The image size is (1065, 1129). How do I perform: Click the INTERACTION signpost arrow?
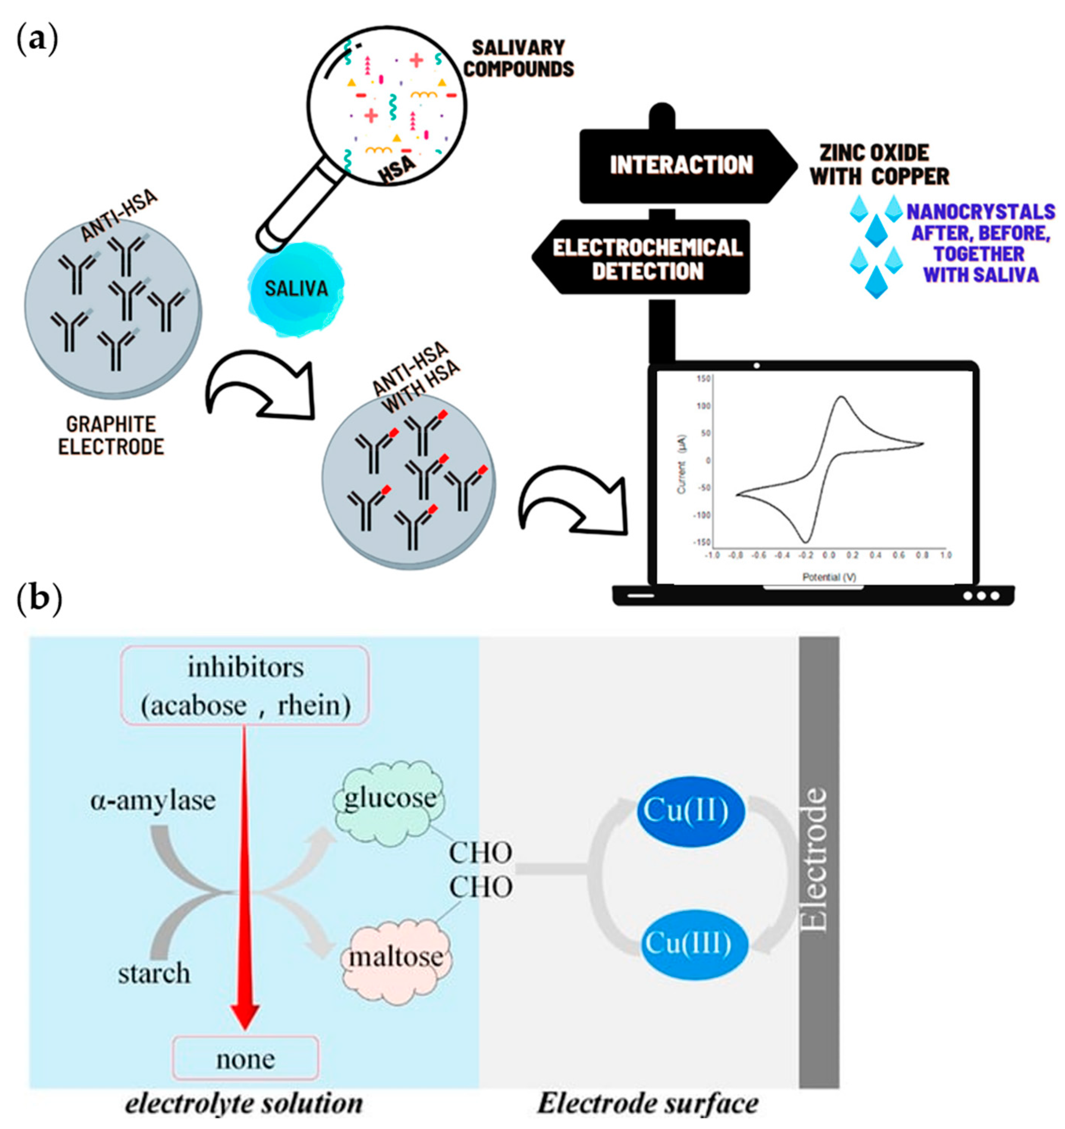[682, 165]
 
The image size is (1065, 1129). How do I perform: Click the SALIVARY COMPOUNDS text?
[518, 58]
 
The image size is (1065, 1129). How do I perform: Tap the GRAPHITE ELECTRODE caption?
[111, 436]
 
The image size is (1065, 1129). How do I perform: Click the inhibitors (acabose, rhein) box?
[246, 686]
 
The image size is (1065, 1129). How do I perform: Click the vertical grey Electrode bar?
[818, 863]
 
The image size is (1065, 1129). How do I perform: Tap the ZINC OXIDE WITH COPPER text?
[878, 165]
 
